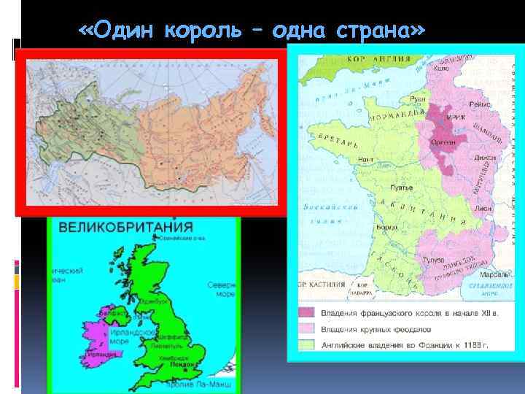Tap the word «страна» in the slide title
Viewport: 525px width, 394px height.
(x=376, y=31)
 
